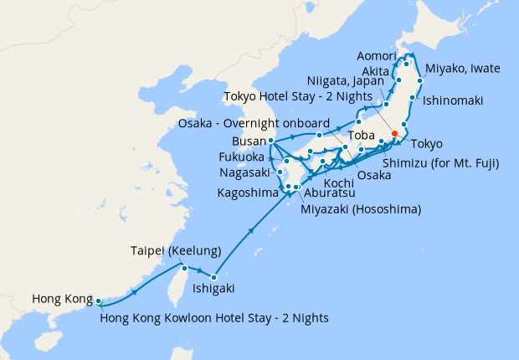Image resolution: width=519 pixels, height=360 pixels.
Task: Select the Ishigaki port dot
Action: (x=214, y=277)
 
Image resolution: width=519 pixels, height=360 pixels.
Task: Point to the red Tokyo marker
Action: (x=394, y=132)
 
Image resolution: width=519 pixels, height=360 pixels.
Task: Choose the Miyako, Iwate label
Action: (x=464, y=68)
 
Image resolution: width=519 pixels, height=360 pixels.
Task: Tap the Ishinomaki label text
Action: (x=453, y=100)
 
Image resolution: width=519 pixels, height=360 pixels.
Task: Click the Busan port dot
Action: (x=272, y=141)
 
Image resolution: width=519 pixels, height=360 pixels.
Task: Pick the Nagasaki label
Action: (x=244, y=173)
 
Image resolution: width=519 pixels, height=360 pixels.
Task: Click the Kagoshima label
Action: (x=248, y=193)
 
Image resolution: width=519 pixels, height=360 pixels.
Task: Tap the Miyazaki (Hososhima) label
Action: (x=361, y=208)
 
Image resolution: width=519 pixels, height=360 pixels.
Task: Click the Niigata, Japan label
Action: (x=341, y=82)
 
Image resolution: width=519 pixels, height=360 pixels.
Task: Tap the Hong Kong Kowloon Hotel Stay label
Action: (x=214, y=317)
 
